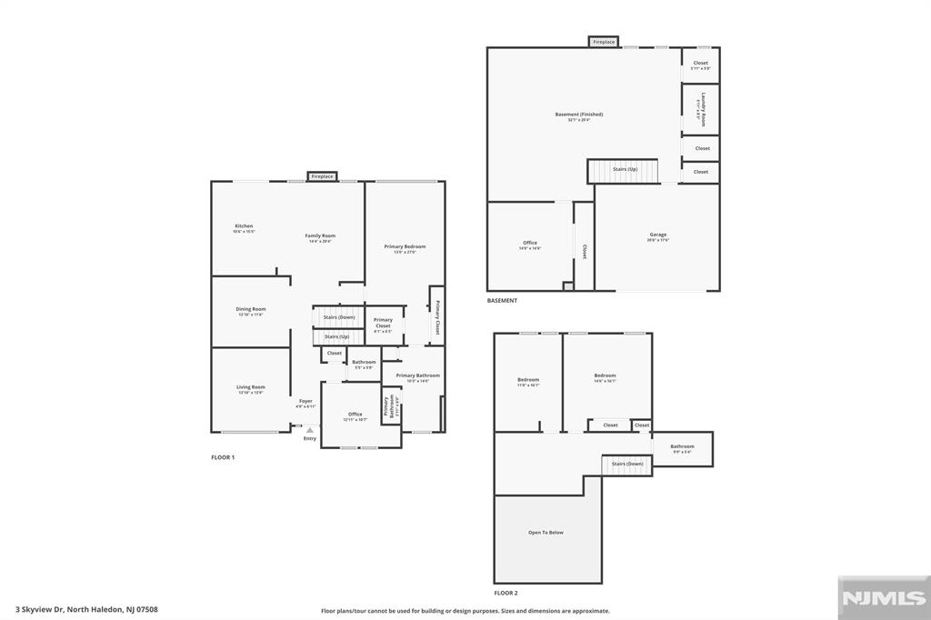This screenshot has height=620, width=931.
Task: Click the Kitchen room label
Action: pos(244,226)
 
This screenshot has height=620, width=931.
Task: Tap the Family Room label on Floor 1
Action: pos(320,236)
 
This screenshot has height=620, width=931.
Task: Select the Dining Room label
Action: pos(251,309)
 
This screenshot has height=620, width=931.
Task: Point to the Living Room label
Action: pos(251,387)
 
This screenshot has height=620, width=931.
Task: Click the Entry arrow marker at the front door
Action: pos(310,431)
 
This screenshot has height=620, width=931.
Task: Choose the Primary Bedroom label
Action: pos(405,247)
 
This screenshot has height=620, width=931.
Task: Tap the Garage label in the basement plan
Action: pos(657,235)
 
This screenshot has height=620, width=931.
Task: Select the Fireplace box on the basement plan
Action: pos(604,42)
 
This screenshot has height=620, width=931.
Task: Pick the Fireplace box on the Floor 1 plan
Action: pos(322,176)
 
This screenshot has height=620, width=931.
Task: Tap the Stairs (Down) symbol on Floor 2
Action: pos(626,464)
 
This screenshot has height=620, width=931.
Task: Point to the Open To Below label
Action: pos(546,532)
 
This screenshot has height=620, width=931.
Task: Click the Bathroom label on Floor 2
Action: pos(682,446)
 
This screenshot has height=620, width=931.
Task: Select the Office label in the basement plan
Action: pos(530,244)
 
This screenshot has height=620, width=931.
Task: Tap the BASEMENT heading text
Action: pos(502,301)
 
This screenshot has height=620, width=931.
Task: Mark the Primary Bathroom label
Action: pos(417,375)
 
